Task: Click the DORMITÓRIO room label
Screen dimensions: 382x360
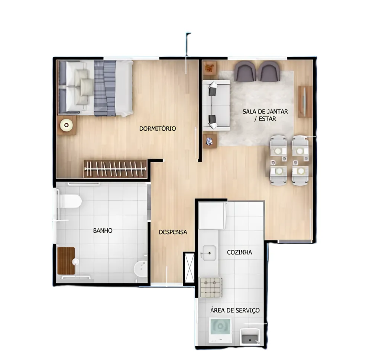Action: tap(158, 128)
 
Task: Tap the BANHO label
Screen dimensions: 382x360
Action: tap(103, 230)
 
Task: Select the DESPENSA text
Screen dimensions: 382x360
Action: tap(173, 232)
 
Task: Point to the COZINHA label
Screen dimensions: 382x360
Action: tap(239, 252)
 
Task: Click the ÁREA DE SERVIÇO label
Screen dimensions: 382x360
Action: tap(235, 310)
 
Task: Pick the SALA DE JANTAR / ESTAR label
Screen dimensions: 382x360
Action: tap(265, 115)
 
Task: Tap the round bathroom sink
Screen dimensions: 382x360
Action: tap(140, 269)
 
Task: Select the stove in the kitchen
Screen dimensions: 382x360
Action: tap(211, 288)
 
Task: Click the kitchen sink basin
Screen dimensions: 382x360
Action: tap(209, 253)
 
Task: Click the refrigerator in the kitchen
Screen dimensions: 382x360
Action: tap(212, 216)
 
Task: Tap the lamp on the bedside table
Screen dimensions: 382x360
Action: tap(67, 125)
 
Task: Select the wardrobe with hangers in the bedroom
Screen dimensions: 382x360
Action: tap(116, 169)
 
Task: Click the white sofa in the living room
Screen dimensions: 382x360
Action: tap(216, 105)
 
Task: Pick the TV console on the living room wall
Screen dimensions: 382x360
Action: tap(305, 102)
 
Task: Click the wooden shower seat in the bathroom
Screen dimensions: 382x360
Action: tap(66, 261)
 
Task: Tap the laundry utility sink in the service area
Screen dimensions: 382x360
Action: tap(250, 336)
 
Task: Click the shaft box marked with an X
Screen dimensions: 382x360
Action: tap(189, 268)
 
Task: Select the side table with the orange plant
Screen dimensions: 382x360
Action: tap(209, 67)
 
